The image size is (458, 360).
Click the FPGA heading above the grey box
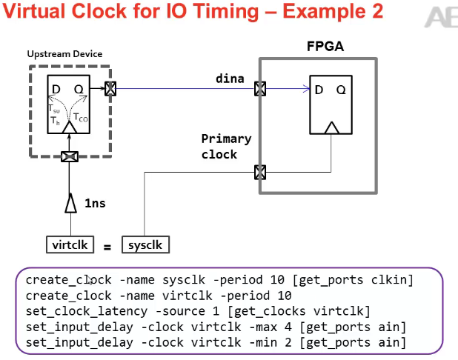(325, 47)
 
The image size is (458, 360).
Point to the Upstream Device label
(64, 55)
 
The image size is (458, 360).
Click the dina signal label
(230, 78)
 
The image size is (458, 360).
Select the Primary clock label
(227, 147)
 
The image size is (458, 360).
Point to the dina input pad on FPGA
(260, 90)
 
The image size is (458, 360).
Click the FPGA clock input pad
(260, 172)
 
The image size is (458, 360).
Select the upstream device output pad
(110, 90)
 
